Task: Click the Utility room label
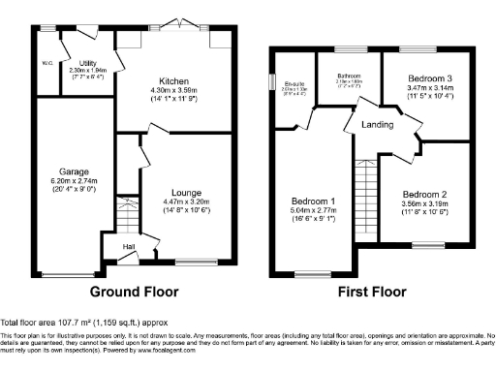[88, 61]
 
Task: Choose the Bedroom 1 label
[313, 200]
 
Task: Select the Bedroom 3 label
[424, 77]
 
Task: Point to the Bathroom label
[350, 75]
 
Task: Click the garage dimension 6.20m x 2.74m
[60, 182]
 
